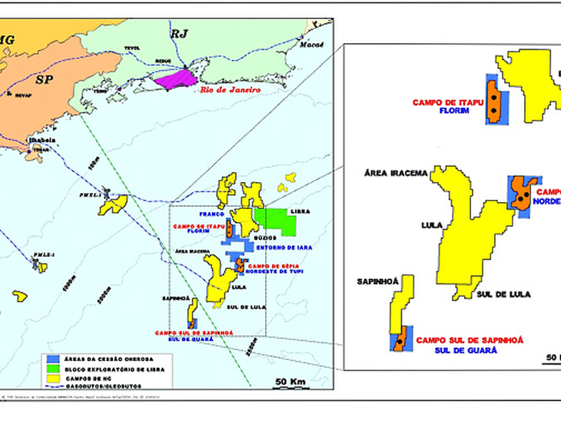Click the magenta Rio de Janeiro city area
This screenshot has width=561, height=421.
(178, 78)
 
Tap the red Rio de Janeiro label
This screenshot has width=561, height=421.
(229, 90)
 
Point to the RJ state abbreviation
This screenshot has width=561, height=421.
(180, 33)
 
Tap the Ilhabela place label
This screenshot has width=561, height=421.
(38, 141)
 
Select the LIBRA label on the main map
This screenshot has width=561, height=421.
(300, 210)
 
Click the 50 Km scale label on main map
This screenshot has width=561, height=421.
(291, 382)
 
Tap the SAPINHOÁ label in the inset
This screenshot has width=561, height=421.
(377, 281)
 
